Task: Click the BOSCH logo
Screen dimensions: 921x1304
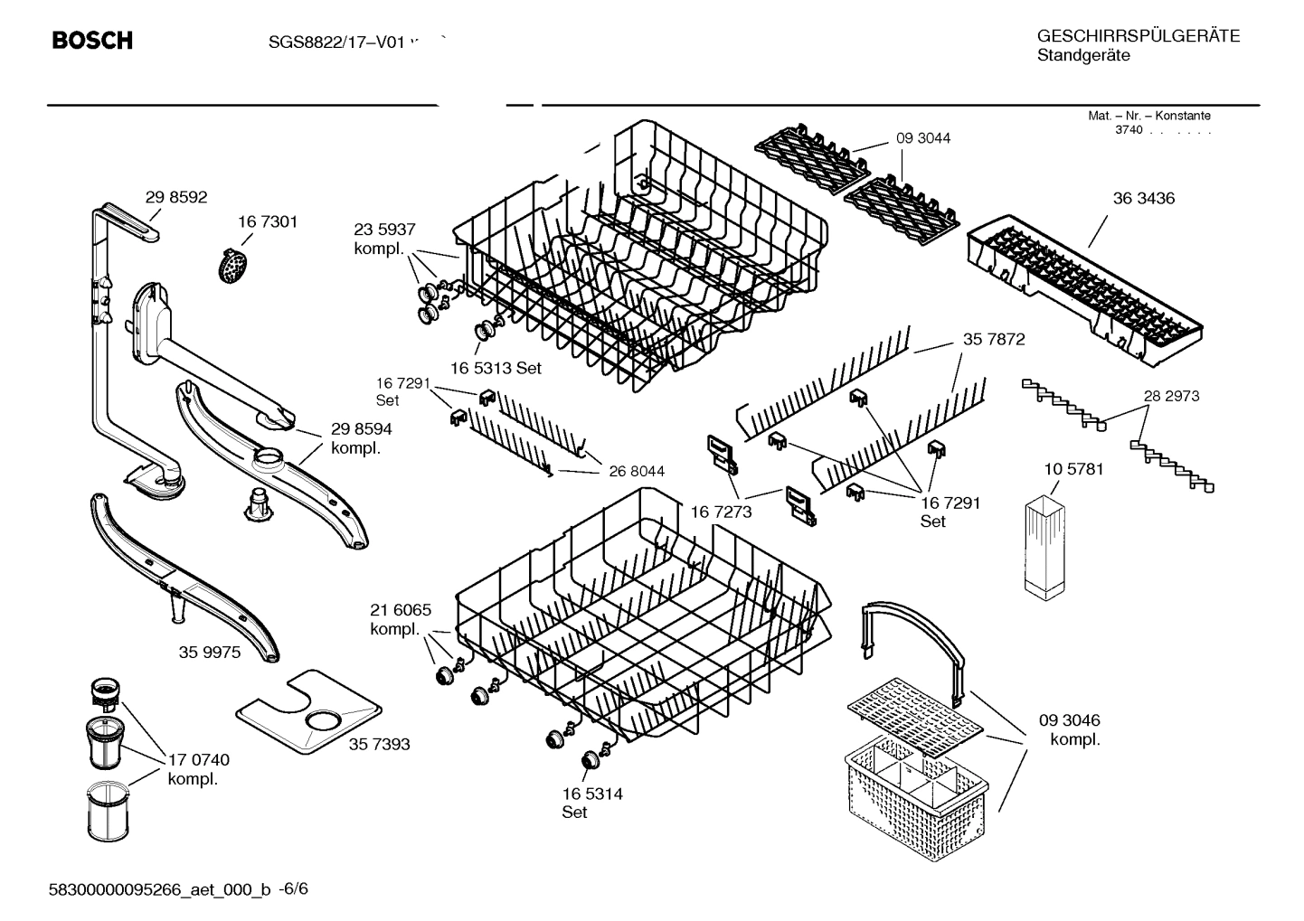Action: tap(92, 41)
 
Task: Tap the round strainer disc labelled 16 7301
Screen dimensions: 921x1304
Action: tap(234, 266)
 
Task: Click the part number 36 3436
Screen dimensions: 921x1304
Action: tap(1143, 198)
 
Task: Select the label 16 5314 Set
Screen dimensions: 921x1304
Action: tap(591, 803)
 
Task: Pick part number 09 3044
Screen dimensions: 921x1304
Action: tap(923, 138)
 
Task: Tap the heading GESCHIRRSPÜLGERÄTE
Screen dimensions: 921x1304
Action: tap(1138, 36)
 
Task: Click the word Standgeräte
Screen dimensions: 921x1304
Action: tap(1082, 56)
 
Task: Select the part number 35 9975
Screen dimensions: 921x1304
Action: tap(210, 652)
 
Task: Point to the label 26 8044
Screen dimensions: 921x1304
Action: tap(637, 471)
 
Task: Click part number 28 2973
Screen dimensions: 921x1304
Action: tap(1171, 396)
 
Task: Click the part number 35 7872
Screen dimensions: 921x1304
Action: tap(994, 339)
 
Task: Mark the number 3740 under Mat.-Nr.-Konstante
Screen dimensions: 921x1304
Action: tap(1128, 130)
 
